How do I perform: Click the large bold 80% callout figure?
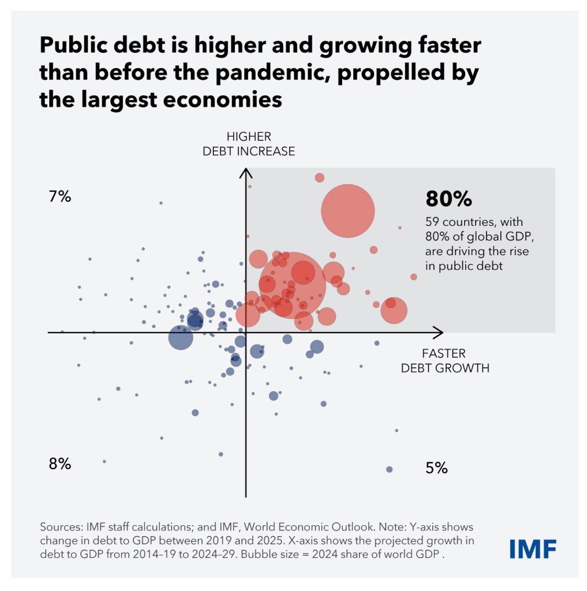448,199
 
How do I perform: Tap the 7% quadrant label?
60,197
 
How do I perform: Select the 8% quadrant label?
60,464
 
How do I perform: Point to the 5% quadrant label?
436,468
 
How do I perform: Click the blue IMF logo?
533,548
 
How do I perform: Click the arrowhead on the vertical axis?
246,172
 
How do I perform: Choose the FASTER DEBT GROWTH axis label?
445,360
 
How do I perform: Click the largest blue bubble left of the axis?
180,337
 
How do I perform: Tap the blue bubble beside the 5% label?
389,469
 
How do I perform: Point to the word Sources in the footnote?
60,527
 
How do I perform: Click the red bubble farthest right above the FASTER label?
413,277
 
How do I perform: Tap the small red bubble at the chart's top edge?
319,177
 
